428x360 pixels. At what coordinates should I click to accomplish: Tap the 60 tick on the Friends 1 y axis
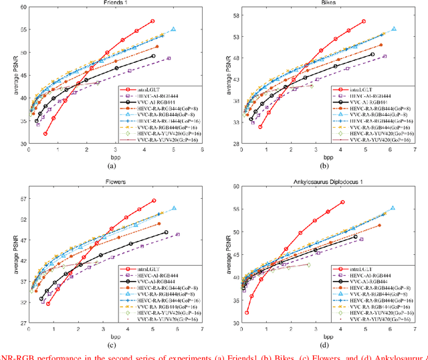pos(21,7)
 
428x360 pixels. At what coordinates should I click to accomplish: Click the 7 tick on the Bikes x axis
pos(415,151)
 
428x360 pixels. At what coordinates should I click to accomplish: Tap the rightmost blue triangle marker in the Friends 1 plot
pos(173,29)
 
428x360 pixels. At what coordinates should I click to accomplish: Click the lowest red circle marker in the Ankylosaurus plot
pos(247,312)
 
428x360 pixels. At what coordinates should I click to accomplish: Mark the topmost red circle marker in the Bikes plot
pos(363,21)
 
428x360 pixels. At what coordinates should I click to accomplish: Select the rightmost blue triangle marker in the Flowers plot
pos(174,208)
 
